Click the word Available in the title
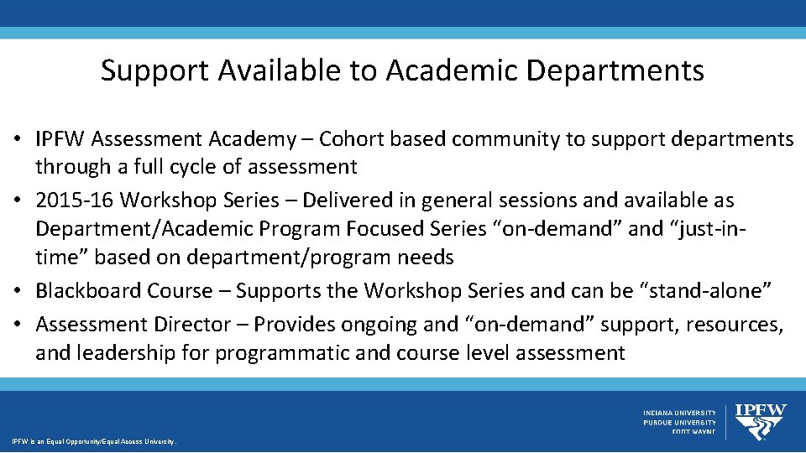click(277, 70)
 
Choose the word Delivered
click(345, 200)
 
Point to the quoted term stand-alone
click(706, 290)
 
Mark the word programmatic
click(282, 352)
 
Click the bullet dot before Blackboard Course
click(20, 291)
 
